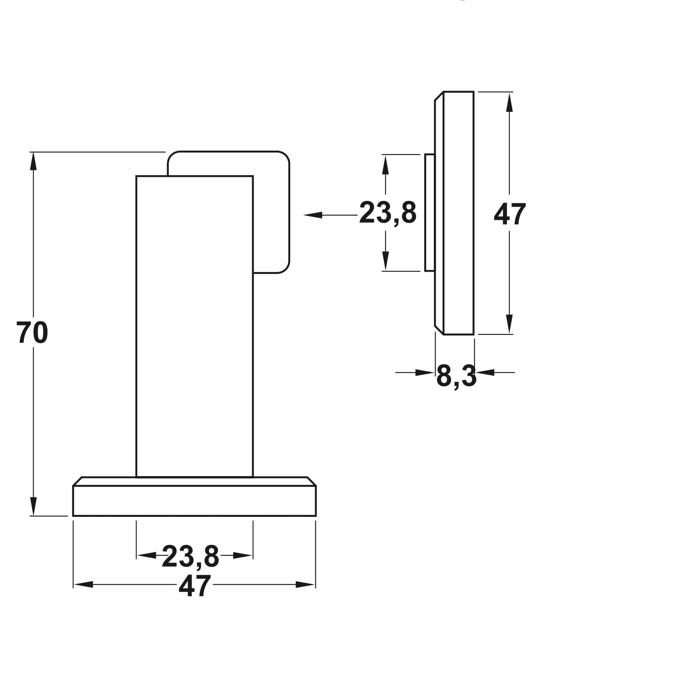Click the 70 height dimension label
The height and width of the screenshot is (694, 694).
(x=32, y=333)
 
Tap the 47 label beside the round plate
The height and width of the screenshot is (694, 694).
(x=510, y=214)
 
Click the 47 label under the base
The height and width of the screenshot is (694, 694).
(x=195, y=586)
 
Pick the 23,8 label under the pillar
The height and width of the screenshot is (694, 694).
(x=190, y=556)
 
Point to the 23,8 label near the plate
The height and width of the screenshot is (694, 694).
(x=388, y=213)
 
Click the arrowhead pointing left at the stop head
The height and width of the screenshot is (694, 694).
(x=313, y=215)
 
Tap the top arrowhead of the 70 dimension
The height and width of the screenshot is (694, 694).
(x=33, y=162)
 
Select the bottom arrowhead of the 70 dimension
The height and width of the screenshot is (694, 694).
(x=33, y=506)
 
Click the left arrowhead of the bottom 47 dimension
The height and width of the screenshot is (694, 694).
(x=83, y=584)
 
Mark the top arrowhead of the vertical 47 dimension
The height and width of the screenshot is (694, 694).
(x=510, y=102)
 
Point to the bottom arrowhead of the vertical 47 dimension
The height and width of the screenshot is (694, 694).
(x=510, y=324)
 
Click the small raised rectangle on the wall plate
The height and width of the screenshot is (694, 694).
(x=430, y=213)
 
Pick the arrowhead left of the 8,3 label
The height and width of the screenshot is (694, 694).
(x=425, y=372)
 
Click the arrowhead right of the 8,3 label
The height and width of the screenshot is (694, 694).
(x=485, y=372)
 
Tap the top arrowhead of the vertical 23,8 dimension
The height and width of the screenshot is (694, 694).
(x=385, y=164)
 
